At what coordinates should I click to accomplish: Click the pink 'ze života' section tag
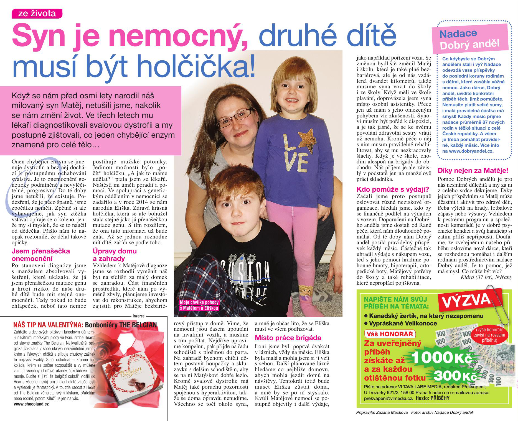click(x=37, y=14)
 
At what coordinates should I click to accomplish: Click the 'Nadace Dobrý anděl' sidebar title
click(x=469, y=39)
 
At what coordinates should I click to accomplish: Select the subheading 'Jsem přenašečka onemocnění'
click(x=41, y=255)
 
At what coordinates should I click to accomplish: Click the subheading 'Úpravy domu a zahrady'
click(x=115, y=255)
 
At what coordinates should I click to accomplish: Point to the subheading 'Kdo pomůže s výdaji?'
click(x=393, y=189)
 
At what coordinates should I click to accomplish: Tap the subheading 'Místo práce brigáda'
click(x=288, y=338)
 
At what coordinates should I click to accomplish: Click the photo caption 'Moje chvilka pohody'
click(x=199, y=302)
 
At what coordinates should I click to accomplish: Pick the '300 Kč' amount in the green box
click(x=455, y=376)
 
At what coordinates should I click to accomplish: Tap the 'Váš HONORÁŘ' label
click(x=390, y=334)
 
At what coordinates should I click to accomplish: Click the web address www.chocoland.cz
click(x=31, y=404)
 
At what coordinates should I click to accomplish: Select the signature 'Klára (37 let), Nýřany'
click(x=486, y=277)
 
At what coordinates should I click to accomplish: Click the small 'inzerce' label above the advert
click(x=138, y=316)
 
